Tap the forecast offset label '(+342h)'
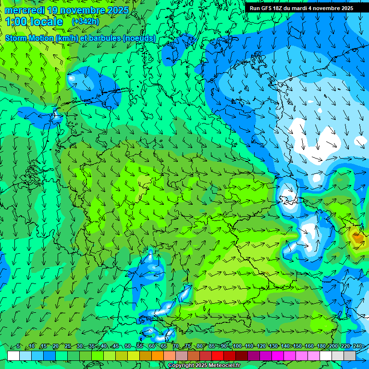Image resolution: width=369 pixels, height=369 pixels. click(x=85, y=21)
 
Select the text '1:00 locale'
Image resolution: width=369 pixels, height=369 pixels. click(x=34, y=22)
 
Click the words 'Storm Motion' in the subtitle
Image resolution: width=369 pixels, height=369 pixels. click(x=29, y=38)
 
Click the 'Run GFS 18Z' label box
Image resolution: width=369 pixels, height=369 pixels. click(x=301, y=8)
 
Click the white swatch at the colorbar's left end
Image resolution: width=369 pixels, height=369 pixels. click(x=13, y=356)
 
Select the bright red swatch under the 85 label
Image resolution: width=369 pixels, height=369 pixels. click(x=218, y=356)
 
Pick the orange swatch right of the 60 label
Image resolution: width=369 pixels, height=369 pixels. click(x=158, y=356)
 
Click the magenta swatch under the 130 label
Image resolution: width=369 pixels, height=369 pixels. click(x=278, y=356)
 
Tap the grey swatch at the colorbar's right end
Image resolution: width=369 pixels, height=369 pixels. click(x=350, y=356)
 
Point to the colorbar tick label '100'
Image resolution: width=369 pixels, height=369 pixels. click(x=236, y=346)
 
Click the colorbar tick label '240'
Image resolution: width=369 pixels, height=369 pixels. click(x=357, y=346)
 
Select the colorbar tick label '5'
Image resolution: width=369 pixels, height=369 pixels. click(x=18, y=346)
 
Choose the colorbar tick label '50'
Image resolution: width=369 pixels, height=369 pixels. click(x=127, y=346)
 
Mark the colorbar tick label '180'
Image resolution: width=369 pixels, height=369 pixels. click(x=321, y=346)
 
